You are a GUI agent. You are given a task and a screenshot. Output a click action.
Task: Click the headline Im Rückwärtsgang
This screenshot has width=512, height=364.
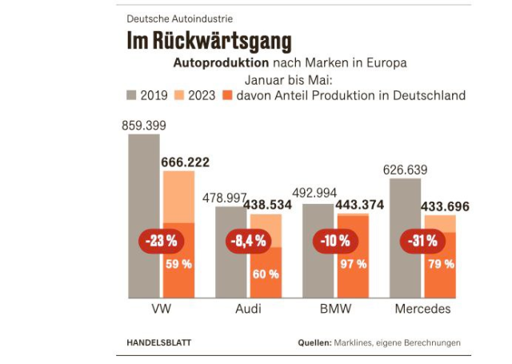[209, 41]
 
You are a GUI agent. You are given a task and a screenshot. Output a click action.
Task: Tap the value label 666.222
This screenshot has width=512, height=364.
[185, 162]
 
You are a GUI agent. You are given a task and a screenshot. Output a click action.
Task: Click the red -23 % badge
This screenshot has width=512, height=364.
[161, 240]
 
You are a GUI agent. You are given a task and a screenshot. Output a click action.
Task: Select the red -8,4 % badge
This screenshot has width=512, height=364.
[248, 241]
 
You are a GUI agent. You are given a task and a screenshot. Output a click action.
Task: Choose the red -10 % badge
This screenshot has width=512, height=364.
[335, 240]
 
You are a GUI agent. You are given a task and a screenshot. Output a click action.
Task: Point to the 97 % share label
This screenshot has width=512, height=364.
[352, 263]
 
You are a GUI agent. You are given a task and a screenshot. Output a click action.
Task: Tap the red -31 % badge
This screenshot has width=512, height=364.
[422, 240]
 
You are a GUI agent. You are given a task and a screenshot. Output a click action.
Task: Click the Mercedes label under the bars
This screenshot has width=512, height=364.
[422, 309]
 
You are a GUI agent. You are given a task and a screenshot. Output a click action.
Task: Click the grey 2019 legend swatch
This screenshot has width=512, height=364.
[132, 96]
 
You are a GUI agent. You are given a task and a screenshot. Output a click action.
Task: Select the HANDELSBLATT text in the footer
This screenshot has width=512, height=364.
[159, 342]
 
